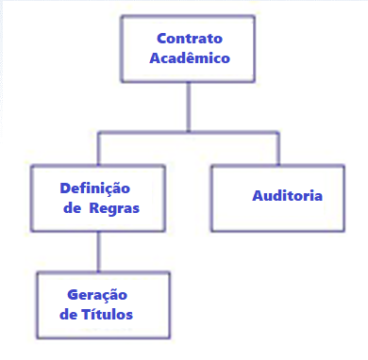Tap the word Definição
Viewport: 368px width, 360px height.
[x=93, y=188]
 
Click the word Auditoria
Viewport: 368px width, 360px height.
[x=288, y=196]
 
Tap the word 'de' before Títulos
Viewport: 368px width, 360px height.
[x=68, y=314]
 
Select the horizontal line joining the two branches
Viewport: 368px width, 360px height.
[x=188, y=132]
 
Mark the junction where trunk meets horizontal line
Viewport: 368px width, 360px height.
[x=189, y=132]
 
